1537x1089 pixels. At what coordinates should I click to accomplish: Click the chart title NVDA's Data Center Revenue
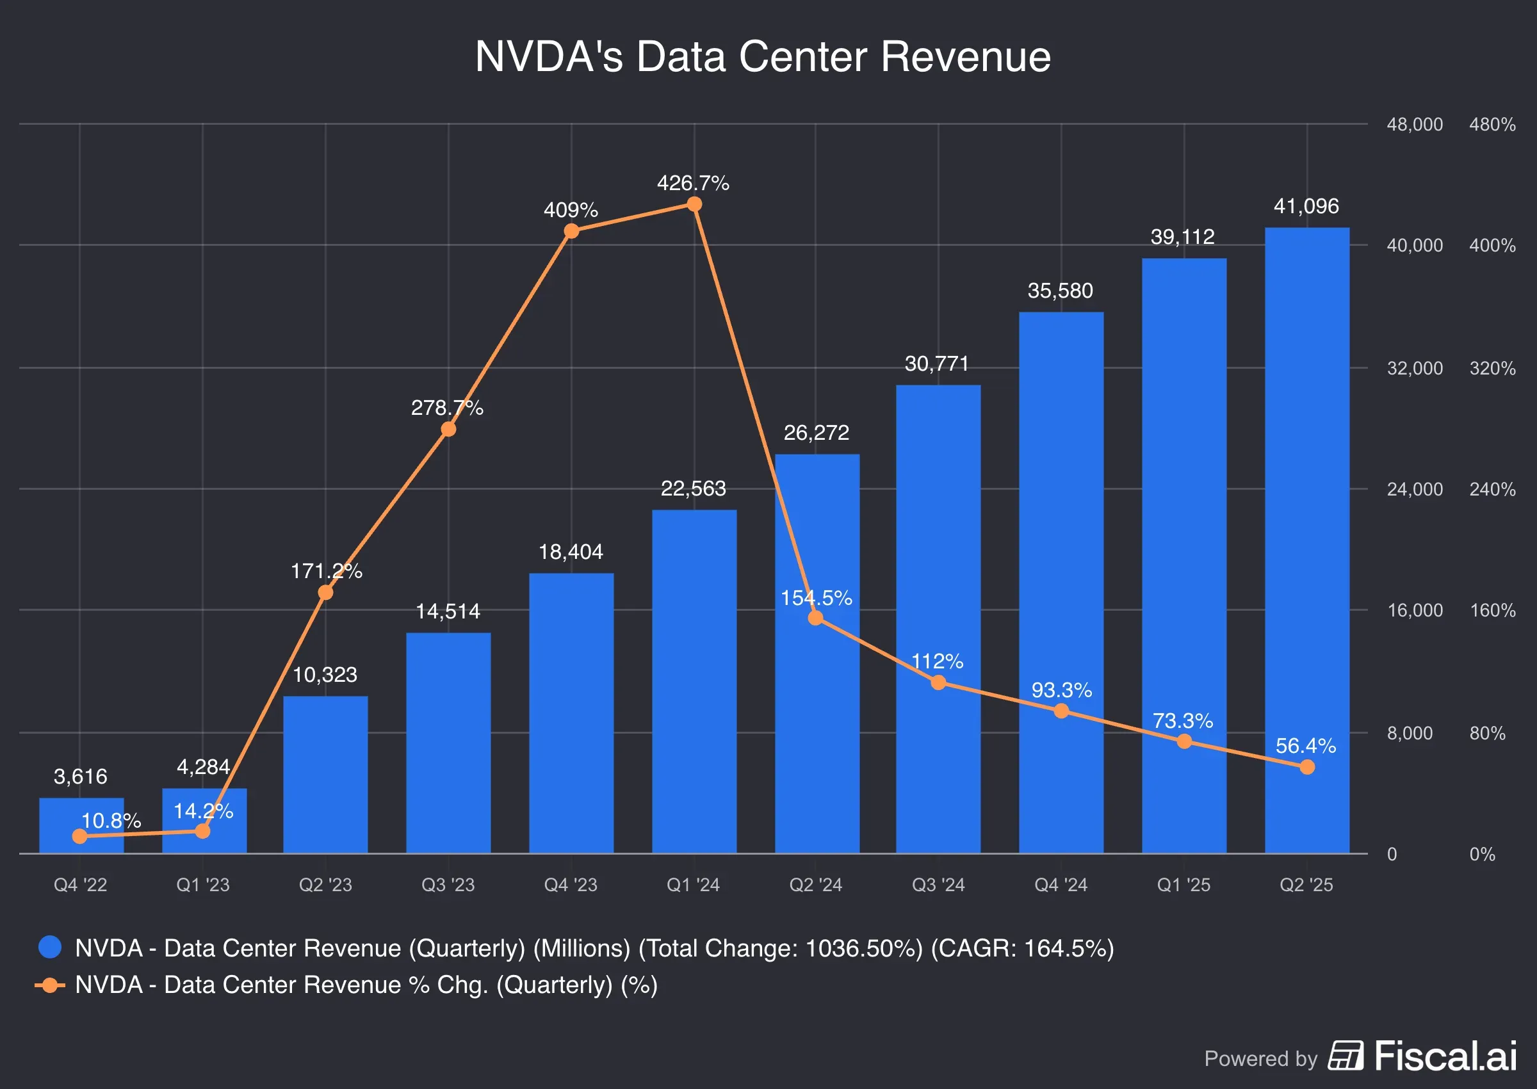point(763,56)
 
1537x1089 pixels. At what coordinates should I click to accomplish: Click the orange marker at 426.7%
point(694,204)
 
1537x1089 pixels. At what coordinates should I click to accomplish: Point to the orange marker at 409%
point(571,231)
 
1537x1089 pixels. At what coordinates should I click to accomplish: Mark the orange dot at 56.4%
point(1307,767)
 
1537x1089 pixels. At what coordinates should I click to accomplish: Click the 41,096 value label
point(1306,206)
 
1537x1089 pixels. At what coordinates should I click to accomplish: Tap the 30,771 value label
point(937,364)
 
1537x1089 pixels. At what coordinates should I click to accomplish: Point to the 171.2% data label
point(326,570)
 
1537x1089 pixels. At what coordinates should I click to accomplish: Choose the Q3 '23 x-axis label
point(448,885)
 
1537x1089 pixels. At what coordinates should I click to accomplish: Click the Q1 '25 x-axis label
point(1183,885)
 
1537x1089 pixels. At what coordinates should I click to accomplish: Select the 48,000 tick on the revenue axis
point(1414,125)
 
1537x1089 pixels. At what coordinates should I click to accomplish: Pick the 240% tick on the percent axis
point(1492,490)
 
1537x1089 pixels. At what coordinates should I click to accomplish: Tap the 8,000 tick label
point(1410,733)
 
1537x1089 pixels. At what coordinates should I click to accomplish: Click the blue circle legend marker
point(51,947)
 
